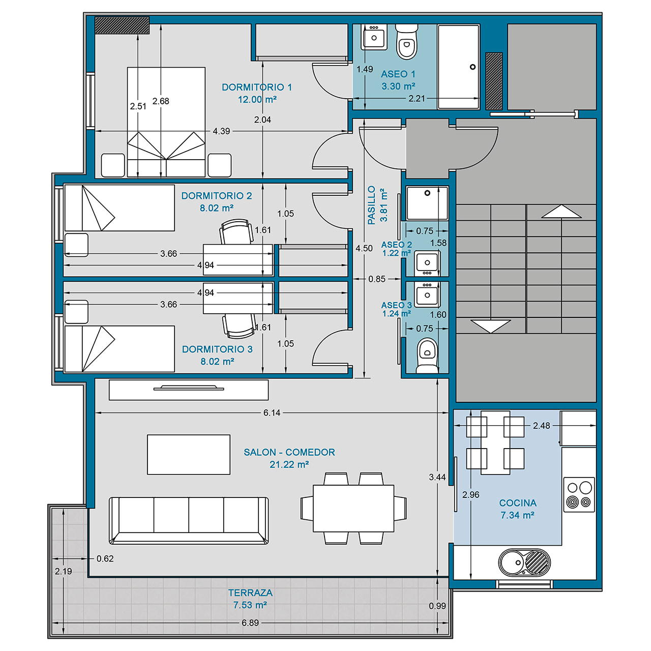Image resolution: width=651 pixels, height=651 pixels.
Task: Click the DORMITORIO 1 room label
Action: [256, 87]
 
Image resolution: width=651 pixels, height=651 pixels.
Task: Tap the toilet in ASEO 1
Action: [406, 41]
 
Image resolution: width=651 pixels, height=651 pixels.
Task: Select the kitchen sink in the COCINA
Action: [524, 563]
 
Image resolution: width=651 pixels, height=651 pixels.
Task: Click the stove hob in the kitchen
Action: [579, 494]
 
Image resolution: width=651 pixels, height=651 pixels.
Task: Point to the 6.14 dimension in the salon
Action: [272, 413]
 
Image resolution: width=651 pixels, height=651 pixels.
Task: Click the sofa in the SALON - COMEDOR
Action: [189, 520]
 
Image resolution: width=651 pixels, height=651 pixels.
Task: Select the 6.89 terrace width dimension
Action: [250, 623]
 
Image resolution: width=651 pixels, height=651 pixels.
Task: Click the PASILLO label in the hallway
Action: [371, 205]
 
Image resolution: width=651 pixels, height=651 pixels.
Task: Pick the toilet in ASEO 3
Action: [427, 356]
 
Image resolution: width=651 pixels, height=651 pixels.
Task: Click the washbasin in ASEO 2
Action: [427, 263]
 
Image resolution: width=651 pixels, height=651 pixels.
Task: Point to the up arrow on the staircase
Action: [561, 211]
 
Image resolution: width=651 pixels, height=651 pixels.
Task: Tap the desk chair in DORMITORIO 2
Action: [236, 231]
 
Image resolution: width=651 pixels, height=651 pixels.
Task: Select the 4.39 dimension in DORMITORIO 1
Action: [221, 131]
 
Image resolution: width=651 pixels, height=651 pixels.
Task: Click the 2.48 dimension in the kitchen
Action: [541, 426]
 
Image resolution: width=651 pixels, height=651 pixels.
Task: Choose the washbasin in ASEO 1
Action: [374, 37]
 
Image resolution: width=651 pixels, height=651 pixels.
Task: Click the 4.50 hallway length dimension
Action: [364, 248]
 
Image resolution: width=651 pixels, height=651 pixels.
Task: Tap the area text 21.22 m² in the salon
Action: [289, 464]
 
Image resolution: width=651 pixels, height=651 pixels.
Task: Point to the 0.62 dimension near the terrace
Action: [105, 559]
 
